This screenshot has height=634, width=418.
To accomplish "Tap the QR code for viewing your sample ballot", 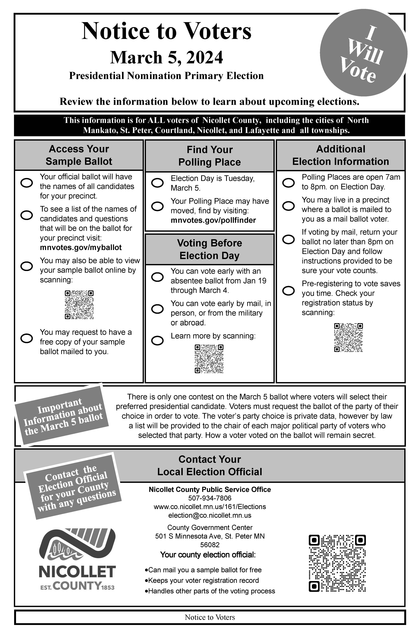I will [79, 305].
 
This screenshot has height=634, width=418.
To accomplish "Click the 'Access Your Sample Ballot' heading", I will [79, 155].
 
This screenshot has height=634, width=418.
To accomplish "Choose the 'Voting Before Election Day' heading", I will [210, 249].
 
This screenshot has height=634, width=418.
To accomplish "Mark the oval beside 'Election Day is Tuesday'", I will [157, 183].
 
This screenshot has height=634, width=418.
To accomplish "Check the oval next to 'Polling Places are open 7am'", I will [288, 183].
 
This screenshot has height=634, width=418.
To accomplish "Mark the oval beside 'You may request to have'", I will [27, 338].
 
